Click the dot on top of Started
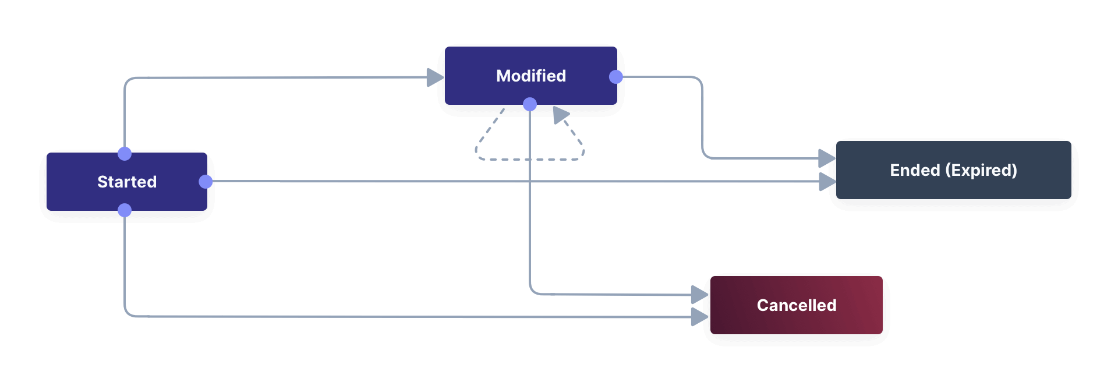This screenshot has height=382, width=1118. [125, 154]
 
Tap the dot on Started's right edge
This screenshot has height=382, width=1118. [206, 182]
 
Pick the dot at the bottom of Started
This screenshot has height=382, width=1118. [125, 210]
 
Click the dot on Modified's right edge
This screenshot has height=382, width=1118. [615, 77]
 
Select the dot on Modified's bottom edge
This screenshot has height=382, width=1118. [530, 104]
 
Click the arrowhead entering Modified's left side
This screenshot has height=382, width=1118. [434, 77]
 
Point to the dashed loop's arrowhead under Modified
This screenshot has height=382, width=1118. [560, 115]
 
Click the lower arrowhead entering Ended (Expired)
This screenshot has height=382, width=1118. [826, 182]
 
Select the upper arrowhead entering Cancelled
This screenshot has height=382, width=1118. [698, 295]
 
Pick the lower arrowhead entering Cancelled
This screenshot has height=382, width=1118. [698, 317]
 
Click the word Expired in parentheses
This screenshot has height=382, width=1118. [981, 170]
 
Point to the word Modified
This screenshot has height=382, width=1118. [530, 76]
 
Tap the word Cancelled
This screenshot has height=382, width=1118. [797, 305]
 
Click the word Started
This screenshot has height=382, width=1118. [127, 182]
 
